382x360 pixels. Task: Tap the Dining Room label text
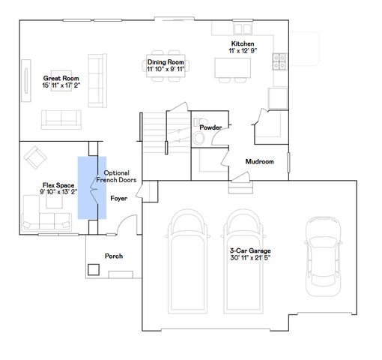pyautogui.click(x=166, y=62)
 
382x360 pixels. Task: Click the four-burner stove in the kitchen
pyautogui.click(x=281, y=58)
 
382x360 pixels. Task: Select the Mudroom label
pyautogui.click(x=259, y=161)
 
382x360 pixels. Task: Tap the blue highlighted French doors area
pyautogui.click(x=88, y=187)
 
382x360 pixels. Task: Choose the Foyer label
pyautogui.click(x=118, y=199)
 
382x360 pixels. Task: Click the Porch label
pyautogui.click(x=113, y=256)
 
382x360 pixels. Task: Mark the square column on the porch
pyautogui.click(x=94, y=268)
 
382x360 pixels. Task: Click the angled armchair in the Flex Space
pyautogui.click(x=34, y=157)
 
